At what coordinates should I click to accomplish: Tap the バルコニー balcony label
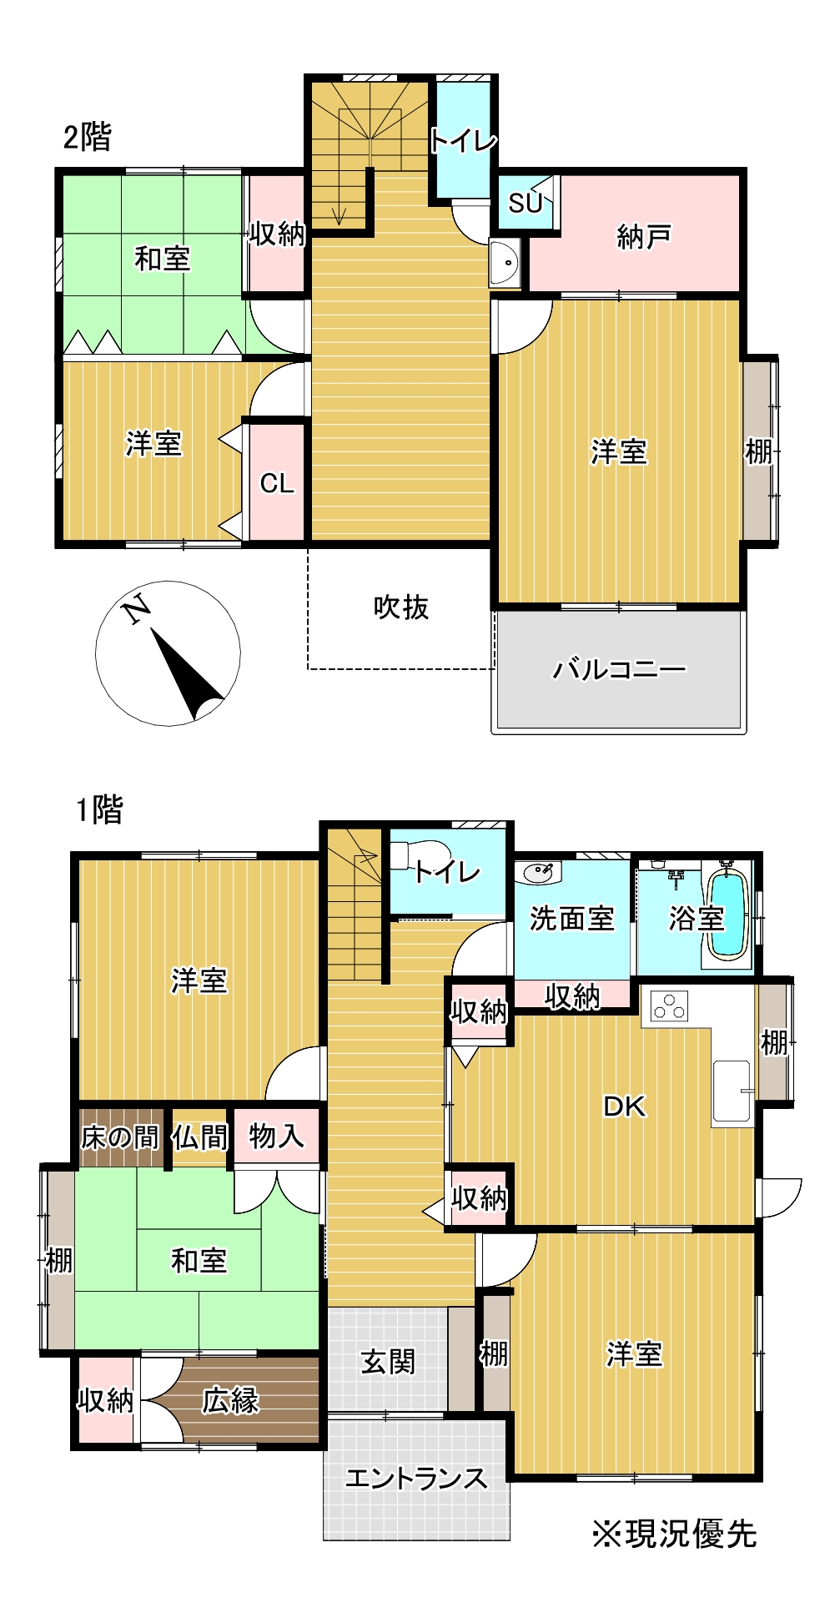(x=619, y=669)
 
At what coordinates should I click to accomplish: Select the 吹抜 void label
(x=400, y=607)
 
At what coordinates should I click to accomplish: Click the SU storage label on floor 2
(x=526, y=203)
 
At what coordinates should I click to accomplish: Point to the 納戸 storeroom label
(x=643, y=237)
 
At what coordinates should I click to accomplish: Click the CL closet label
(x=277, y=483)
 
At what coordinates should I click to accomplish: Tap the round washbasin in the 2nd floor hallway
(x=506, y=264)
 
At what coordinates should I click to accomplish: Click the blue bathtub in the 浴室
(x=727, y=914)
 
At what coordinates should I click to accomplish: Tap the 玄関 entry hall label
(x=388, y=1362)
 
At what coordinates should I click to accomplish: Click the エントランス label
(x=415, y=1478)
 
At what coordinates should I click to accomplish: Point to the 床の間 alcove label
(x=119, y=1137)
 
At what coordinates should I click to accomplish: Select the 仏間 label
(x=199, y=1137)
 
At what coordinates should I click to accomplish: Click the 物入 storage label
(x=276, y=1136)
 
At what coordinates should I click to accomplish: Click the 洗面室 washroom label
(x=571, y=919)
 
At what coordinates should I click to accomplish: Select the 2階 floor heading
(x=87, y=137)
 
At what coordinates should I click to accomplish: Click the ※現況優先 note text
(x=674, y=1534)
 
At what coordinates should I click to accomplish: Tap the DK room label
(x=624, y=1106)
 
